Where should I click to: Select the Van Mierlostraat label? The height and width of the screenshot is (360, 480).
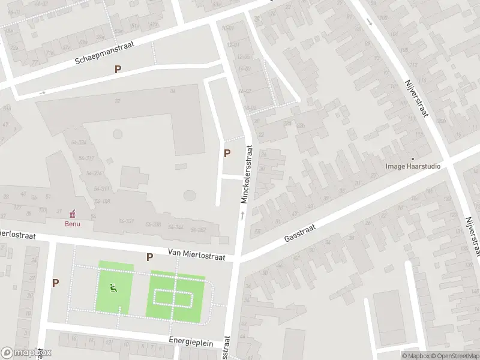(196, 256)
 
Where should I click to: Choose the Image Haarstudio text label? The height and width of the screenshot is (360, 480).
(413, 166)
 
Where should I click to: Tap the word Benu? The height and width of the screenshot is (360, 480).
(72, 224)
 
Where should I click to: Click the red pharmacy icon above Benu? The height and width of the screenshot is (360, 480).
(73, 213)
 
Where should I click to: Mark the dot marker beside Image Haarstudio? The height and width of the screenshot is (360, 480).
(412, 159)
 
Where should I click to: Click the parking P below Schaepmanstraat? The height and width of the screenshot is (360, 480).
(118, 69)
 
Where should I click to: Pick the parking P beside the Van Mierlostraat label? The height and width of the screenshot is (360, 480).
(150, 257)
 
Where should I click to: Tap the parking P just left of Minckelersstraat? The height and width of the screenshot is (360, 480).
(227, 153)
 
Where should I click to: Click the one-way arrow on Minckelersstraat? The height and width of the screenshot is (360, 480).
(242, 214)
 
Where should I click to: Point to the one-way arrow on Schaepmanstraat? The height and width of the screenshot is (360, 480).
(42, 92)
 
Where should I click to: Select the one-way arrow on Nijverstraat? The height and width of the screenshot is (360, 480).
(368, 22)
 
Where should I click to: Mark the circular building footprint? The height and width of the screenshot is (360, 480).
(190, 196)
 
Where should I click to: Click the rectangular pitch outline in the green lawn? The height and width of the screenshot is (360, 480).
(173, 298)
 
